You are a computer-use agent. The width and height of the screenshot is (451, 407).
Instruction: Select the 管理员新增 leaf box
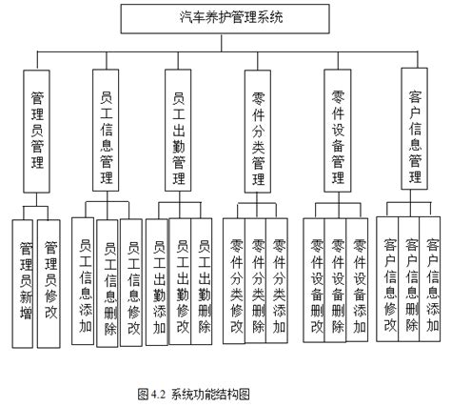[x=24, y=282]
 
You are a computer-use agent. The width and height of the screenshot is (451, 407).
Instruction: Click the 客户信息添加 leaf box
[x=434, y=281]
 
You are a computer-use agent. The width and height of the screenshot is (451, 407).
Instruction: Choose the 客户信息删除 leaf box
[x=412, y=281]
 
